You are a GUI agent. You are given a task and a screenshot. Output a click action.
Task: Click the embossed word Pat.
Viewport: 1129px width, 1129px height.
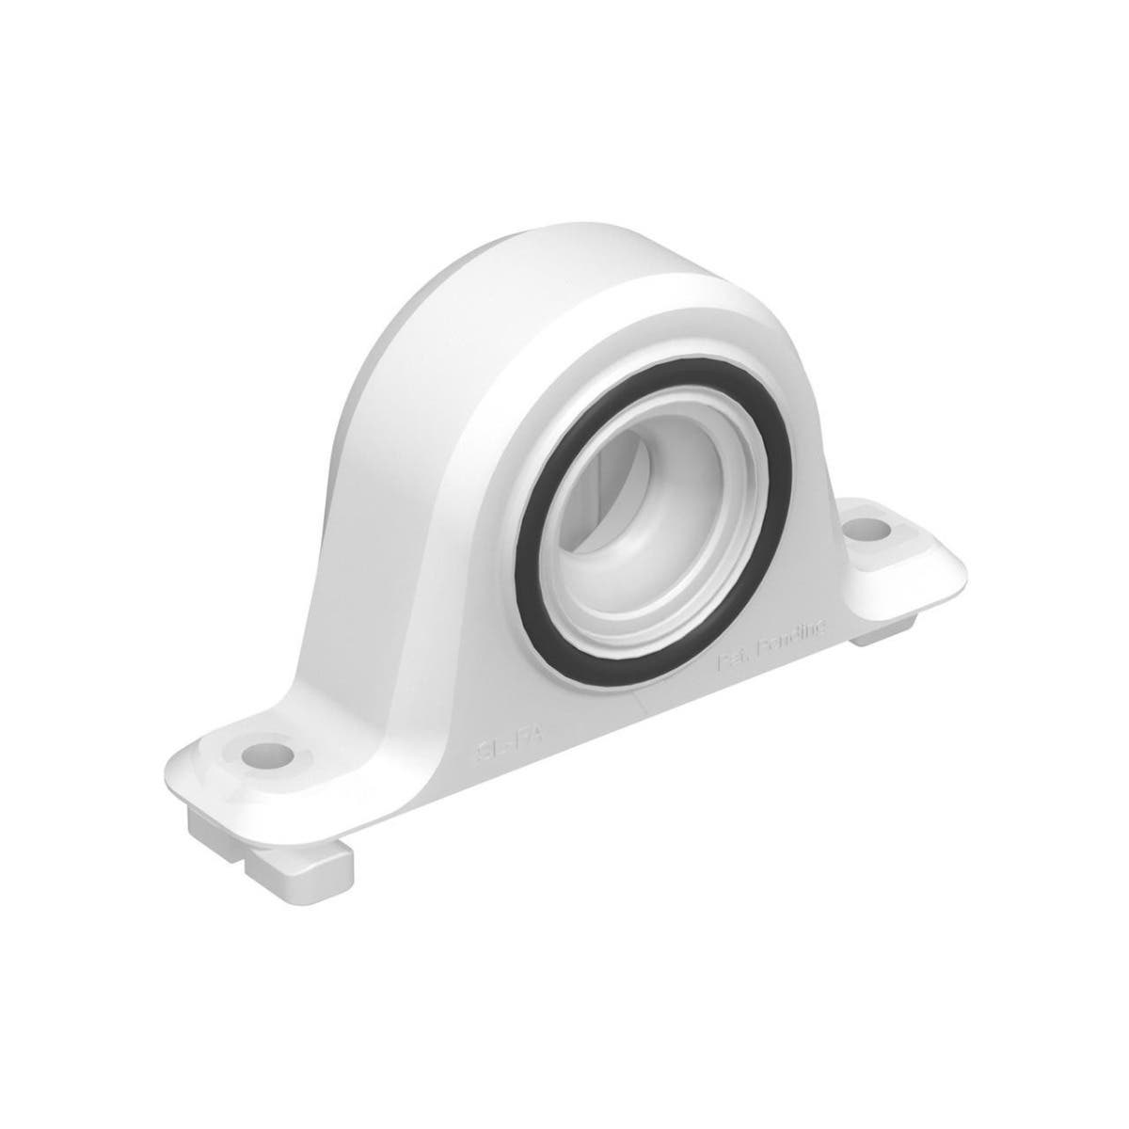pyautogui.click(x=734, y=661)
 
